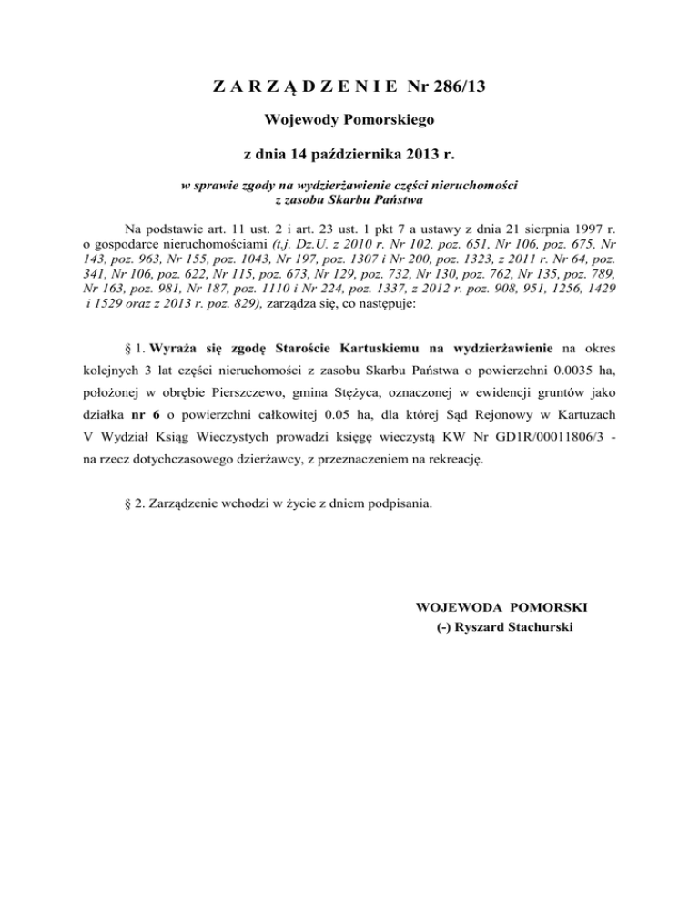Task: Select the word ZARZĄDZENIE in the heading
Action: (x=306, y=88)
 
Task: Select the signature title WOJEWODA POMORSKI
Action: (x=501, y=606)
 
